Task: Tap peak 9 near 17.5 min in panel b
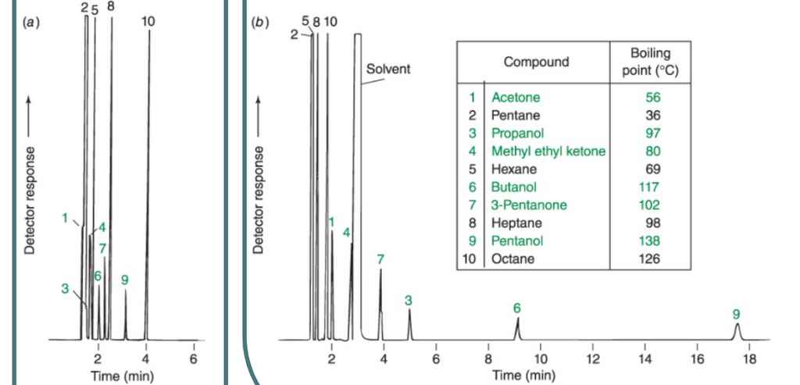(736, 331)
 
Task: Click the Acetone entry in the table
(516, 98)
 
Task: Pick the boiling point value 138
(649, 241)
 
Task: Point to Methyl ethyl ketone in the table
(548, 152)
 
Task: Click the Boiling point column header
(651, 62)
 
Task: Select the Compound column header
(536, 62)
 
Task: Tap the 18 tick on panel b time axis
(749, 358)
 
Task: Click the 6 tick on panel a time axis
(194, 358)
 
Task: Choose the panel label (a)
(31, 23)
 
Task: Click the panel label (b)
(259, 23)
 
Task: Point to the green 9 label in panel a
(125, 280)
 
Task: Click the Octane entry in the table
(512, 258)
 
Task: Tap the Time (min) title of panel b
(524, 376)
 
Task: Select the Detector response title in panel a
(30, 200)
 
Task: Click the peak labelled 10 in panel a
(148, 184)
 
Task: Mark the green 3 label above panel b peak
(408, 301)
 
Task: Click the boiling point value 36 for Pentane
(653, 116)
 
